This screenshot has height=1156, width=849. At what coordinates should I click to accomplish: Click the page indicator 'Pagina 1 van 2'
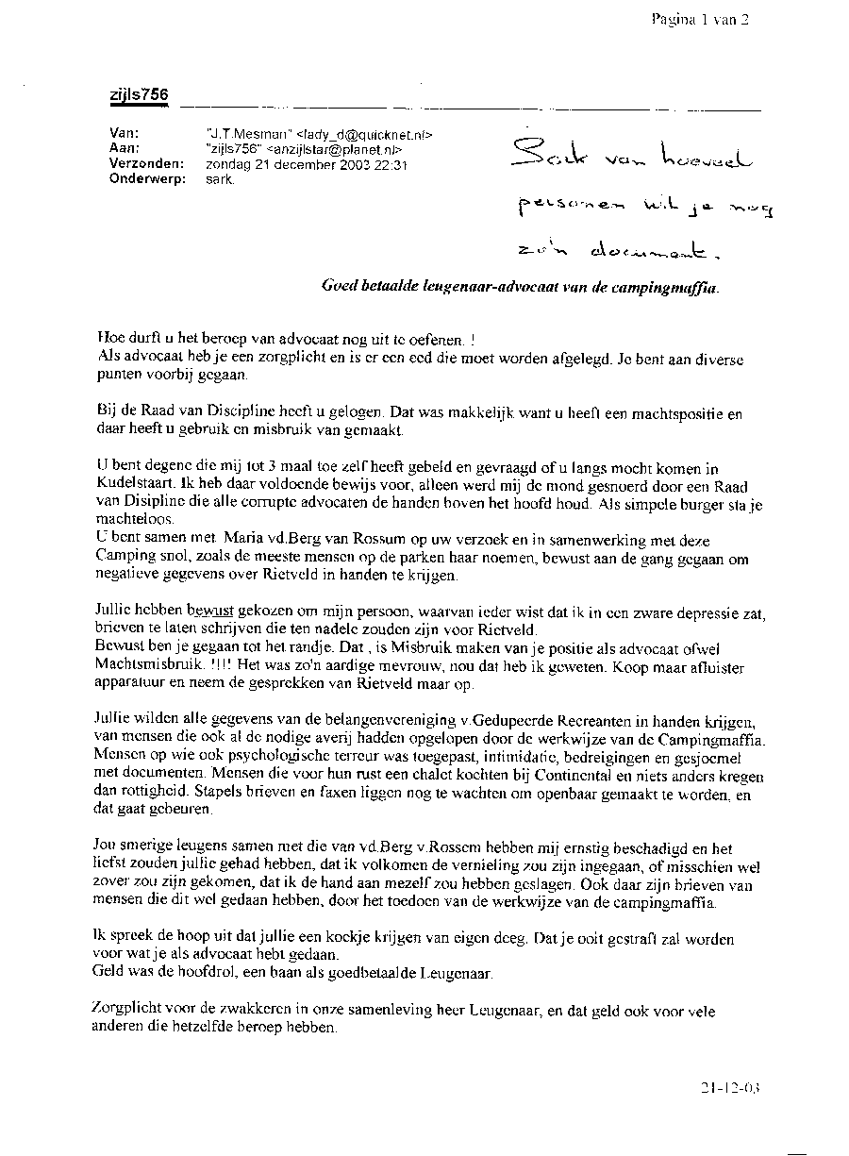click(698, 19)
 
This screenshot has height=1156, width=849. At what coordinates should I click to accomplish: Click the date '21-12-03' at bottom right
click(729, 1087)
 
